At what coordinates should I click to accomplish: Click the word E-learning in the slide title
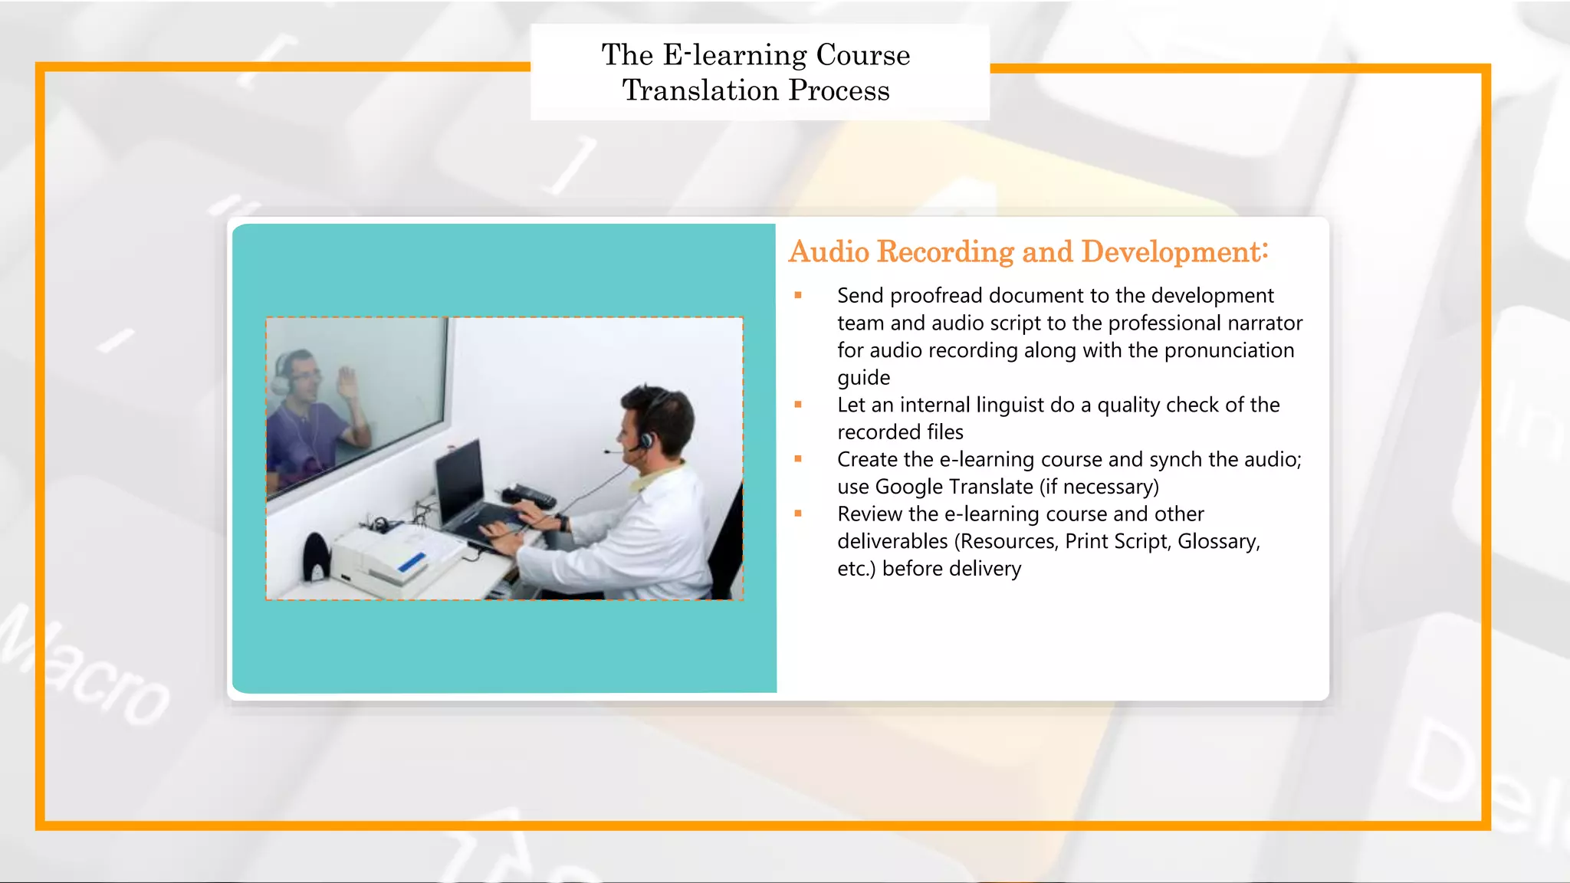[x=734, y=55]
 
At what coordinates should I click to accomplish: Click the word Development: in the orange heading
[x=1174, y=252]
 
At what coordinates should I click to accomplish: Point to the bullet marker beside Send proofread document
[x=798, y=295]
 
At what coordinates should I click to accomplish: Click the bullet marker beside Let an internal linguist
[x=798, y=405]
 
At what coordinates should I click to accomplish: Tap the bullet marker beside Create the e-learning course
[x=798, y=459]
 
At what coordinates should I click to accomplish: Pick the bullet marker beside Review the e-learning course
[x=798, y=514]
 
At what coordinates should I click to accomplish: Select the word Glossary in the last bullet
[x=1217, y=542]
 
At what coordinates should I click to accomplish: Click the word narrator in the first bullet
[x=1265, y=323]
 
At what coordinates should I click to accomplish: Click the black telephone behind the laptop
[x=529, y=494]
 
